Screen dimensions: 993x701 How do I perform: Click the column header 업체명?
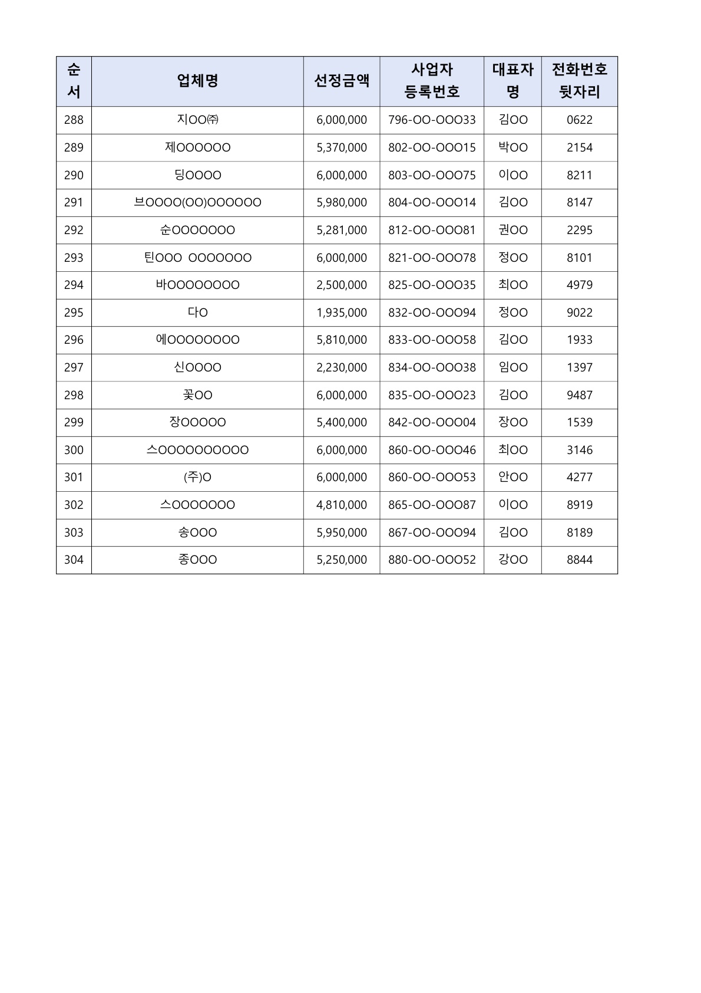click(x=197, y=81)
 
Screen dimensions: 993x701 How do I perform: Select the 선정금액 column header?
click(x=342, y=81)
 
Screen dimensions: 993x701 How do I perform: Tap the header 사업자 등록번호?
click(x=432, y=81)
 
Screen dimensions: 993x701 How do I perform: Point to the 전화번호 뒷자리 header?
click(x=579, y=81)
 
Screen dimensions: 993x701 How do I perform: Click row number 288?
click(x=74, y=120)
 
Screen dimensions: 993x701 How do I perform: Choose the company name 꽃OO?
click(x=197, y=395)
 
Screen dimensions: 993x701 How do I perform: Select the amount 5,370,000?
click(x=342, y=147)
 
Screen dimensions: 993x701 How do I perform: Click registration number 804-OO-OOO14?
click(x=432, y=202)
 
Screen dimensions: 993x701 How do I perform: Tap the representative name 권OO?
click(x=513, y=230)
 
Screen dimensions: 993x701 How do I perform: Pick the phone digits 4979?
click(x=579, y=285)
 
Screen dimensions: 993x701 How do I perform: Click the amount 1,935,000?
click(x=342, y=313)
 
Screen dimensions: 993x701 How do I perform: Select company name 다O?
click(x=197, y=313)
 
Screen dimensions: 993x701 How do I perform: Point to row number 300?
click(x=74, y=450)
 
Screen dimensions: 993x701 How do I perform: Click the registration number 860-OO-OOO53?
click(x=432, y=477)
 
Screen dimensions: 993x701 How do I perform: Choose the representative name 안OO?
click(x=513, y=477)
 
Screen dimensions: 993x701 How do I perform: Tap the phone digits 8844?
click(x=579, y=560)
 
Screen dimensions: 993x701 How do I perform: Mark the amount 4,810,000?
click(x=342, y=505)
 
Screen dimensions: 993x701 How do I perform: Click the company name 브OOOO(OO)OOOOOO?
click(x=197, y=202)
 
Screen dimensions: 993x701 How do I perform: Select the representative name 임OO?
click(x=513, y=367)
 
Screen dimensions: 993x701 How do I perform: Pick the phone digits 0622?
click(x=579, y=120)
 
